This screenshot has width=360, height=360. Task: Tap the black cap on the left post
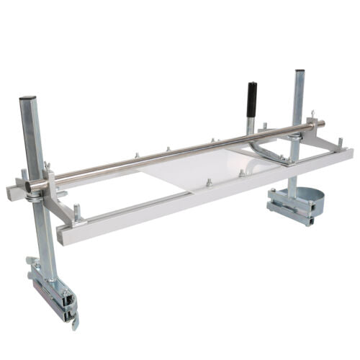[x=27, y=98]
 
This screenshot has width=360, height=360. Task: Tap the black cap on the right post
[x=299, y=71]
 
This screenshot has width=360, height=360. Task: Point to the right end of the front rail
[x=349, y=153]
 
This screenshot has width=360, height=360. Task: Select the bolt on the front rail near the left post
[x=76, y=212]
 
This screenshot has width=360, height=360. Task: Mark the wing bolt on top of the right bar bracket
[x=312, y=114]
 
